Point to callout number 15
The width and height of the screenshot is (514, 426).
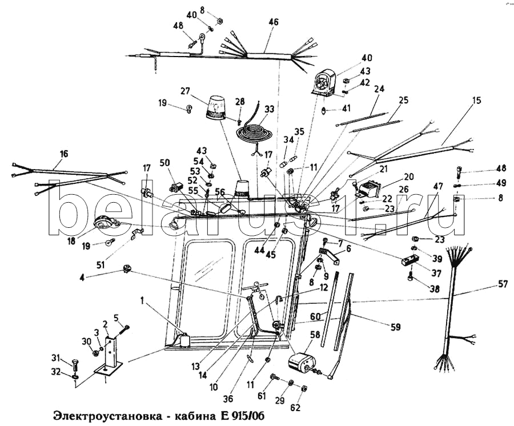point(476,101)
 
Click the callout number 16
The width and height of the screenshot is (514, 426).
point(63,154)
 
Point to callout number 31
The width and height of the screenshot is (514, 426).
point(55,357)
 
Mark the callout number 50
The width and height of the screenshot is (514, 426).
point(166,163)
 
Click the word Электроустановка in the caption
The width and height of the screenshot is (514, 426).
point(108,414)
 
